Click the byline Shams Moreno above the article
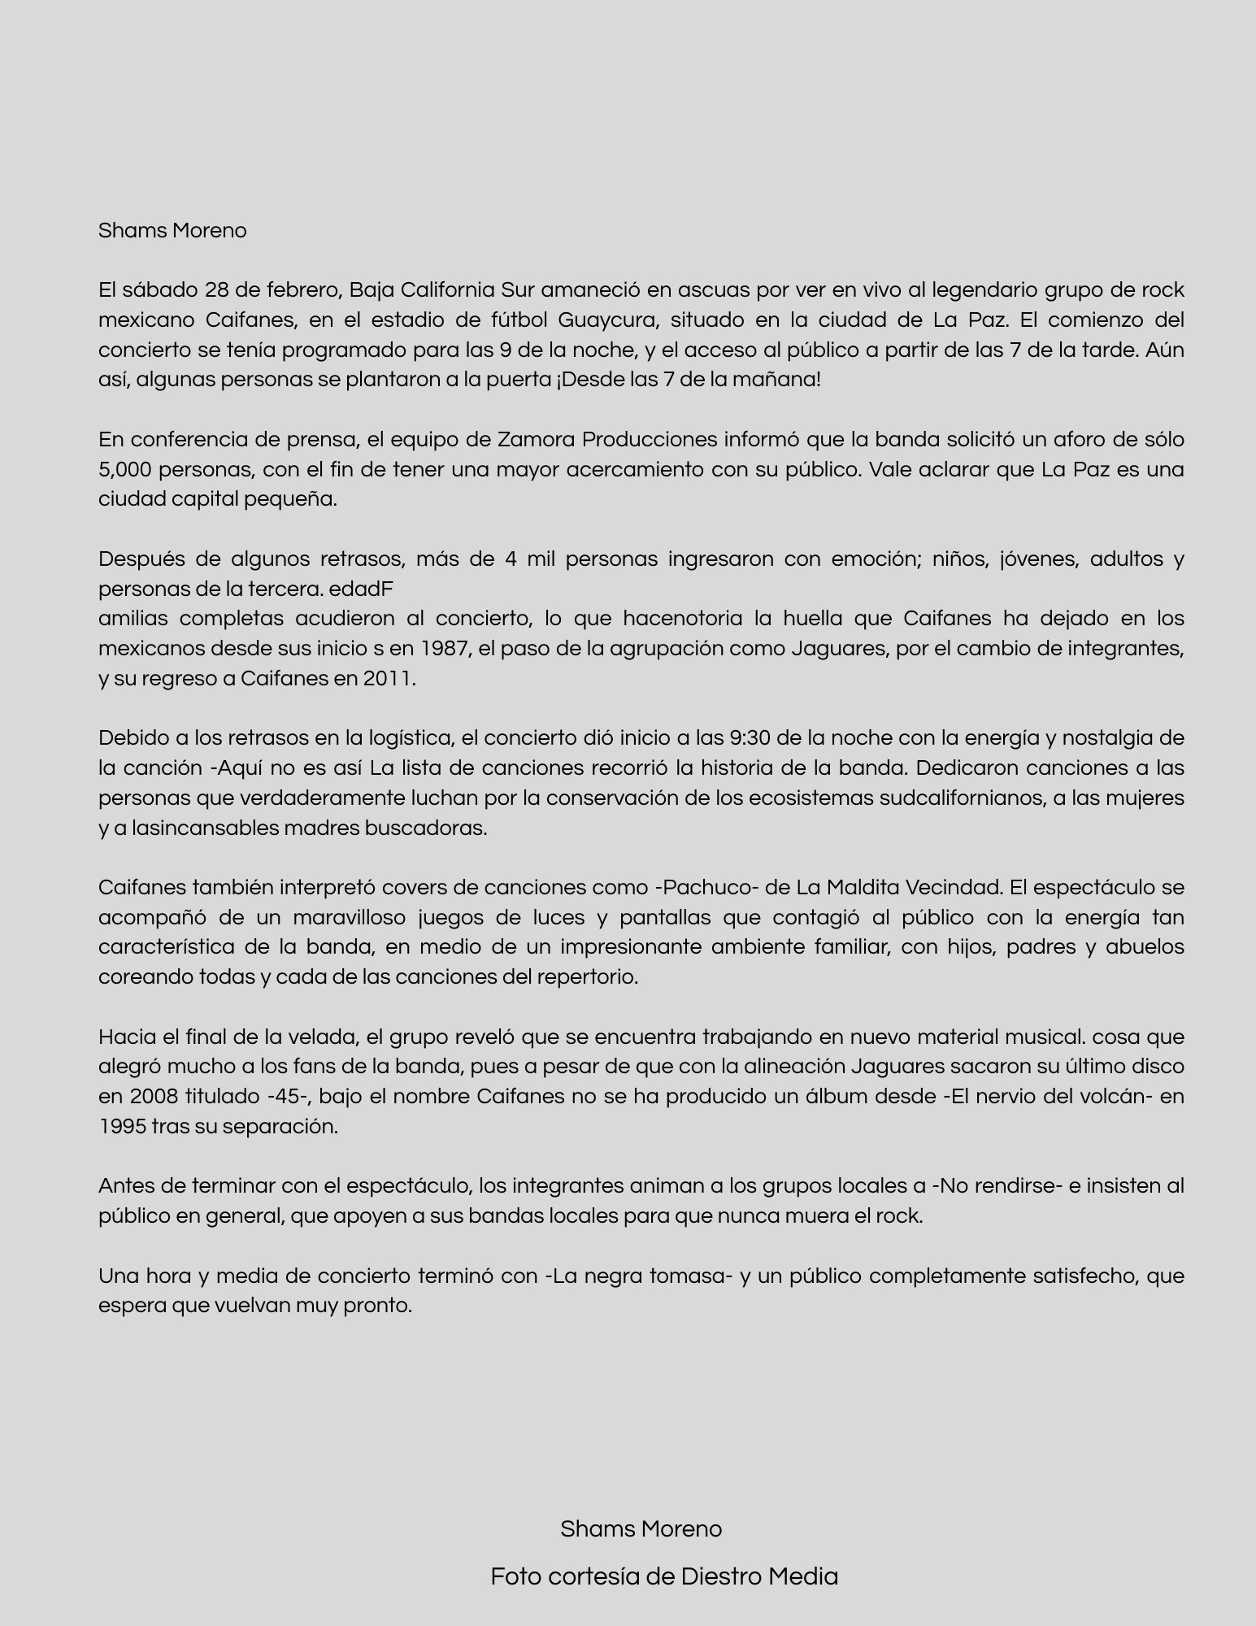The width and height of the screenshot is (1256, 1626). click(x=172, y=231)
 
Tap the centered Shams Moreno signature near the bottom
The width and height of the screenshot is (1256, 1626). click(x=641, y=1529)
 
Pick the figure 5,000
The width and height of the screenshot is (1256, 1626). click(x=123, y=470)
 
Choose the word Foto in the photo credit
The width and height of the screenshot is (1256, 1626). click(x=515, y=1576)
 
